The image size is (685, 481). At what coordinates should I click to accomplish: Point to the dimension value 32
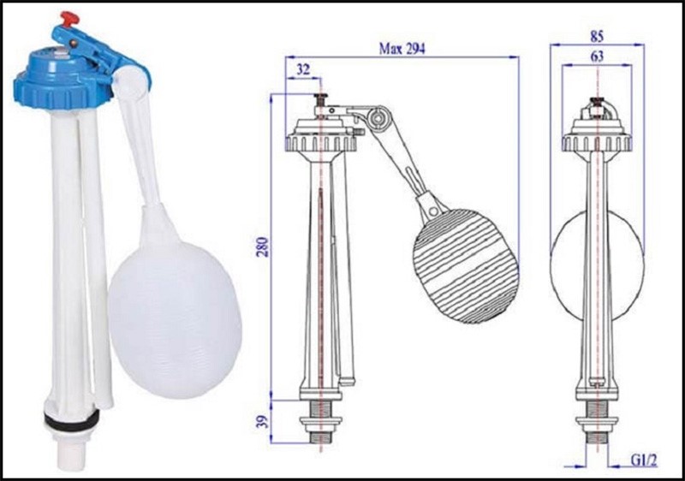(x=303, y=67)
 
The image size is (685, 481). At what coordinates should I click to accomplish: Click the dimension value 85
(x=598, y=37)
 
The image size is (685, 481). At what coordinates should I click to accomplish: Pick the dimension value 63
(x=598, y=56)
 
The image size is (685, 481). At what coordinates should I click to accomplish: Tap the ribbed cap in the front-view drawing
(x=597, y=142)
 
